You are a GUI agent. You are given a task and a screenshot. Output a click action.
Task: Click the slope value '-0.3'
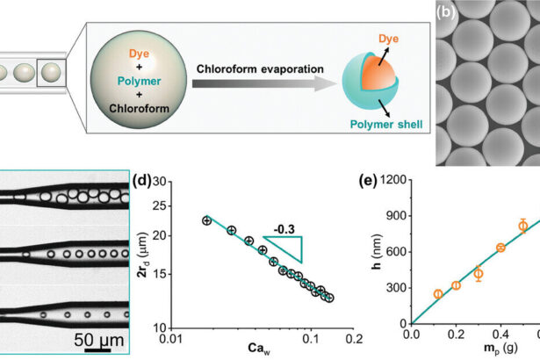coord(284,228)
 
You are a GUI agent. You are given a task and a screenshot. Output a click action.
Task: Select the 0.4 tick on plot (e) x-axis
coord(500,335)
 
